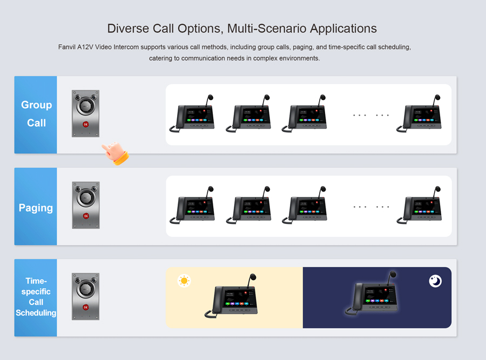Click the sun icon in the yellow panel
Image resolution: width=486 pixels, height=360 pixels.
tap(185, 281)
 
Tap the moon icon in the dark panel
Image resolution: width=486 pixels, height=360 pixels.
tap(435, 281)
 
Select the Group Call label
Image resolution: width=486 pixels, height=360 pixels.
tap(36, 114)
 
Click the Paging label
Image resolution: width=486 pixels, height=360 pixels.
tap(36, 208)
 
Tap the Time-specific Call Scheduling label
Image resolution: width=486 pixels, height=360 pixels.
tap(36, 297)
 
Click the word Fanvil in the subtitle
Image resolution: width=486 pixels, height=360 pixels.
tap(69, 47)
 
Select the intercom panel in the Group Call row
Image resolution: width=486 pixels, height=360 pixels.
tap(85, 113)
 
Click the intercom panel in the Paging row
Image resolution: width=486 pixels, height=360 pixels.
tap(85, 205)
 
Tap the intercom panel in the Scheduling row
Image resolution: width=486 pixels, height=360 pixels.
tap(85, 296)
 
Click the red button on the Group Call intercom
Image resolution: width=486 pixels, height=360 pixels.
tap(85, 125)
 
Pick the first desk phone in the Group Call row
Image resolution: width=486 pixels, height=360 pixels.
tap(193, 114)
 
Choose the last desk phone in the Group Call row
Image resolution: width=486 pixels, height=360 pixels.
tap(420, 114)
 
